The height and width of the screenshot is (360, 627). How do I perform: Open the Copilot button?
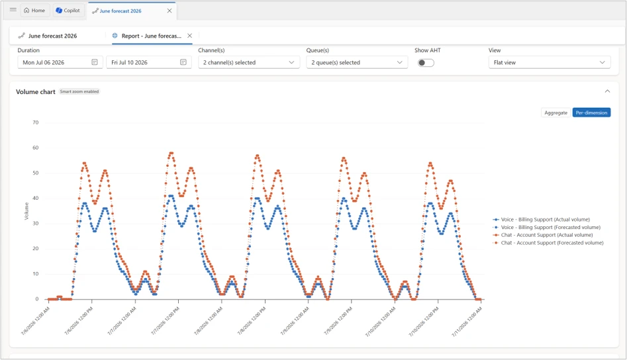click(68, 11)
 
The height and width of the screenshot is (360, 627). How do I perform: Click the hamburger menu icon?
click(13, 9)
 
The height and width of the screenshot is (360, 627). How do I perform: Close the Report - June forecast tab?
click(189, 36)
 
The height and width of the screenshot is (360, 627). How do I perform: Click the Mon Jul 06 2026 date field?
click(60, 62)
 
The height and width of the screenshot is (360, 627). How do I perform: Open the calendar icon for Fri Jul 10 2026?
click(183, 62)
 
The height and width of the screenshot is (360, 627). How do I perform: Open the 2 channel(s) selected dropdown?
click(249, 62)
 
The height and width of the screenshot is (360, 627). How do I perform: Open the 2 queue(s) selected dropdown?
click(357, 62)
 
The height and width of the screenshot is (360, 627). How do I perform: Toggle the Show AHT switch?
click(426, 63)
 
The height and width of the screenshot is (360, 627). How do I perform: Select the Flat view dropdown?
click(550, 62)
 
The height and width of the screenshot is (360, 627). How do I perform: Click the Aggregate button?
click(555, 112)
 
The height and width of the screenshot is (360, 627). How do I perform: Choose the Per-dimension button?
click(591, 112)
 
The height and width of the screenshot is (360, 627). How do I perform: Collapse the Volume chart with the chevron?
click(607, 91)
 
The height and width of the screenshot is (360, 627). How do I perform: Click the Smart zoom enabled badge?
click(79, 91)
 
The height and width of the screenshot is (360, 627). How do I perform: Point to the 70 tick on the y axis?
click(36, 122)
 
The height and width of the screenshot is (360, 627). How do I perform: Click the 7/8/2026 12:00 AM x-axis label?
click(208, 321)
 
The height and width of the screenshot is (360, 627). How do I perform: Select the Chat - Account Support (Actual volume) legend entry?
click(543, 235)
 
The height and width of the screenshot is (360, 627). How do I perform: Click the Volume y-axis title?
click(26, 211)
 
